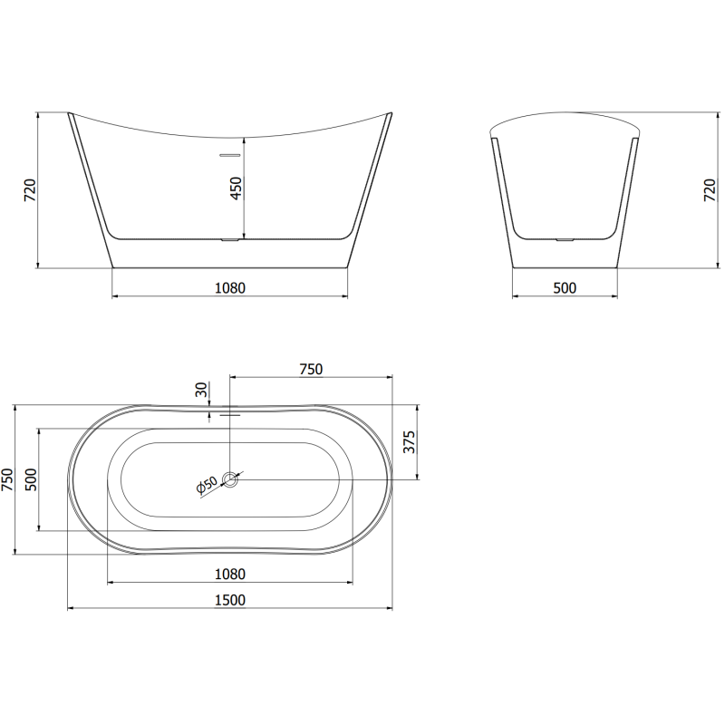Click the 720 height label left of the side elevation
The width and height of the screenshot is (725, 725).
[29, 189]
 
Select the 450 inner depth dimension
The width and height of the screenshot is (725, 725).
[236, 188]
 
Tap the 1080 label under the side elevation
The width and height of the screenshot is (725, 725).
[230, 288]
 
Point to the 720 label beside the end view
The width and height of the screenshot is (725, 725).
[710, 189]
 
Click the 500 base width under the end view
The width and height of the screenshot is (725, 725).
[565, 288]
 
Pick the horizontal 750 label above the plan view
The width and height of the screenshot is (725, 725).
[311, 368]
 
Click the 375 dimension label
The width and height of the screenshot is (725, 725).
[409, 442]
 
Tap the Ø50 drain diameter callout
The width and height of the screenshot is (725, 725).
[207, 487]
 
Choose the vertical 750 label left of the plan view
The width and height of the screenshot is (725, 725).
[8, 479]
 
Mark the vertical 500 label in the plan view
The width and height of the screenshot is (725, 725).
[30, 479]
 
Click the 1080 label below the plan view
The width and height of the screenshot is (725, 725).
[230, 574]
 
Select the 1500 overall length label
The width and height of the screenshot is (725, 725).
[230, 599]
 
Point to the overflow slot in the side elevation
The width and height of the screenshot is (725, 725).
[229, 155]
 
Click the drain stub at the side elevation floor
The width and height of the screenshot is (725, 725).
[229, 240]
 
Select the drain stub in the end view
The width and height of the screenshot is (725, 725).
[565, 240]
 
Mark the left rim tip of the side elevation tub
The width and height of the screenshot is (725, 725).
[70, 114]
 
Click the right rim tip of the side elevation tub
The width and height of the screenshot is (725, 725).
[391, 114]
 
